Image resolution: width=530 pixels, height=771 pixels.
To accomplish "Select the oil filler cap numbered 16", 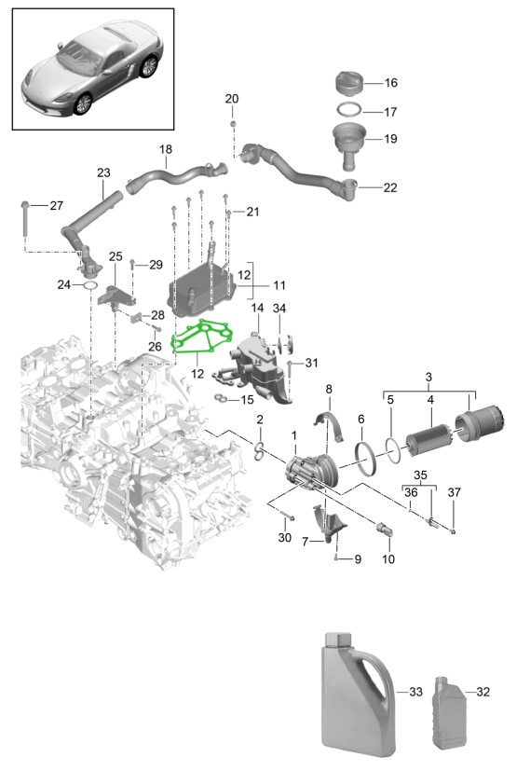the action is [349, 82].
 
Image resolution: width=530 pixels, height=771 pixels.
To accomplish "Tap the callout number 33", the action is [415, 692].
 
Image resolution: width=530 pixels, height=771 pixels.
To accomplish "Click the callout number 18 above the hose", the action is [166, 149].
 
